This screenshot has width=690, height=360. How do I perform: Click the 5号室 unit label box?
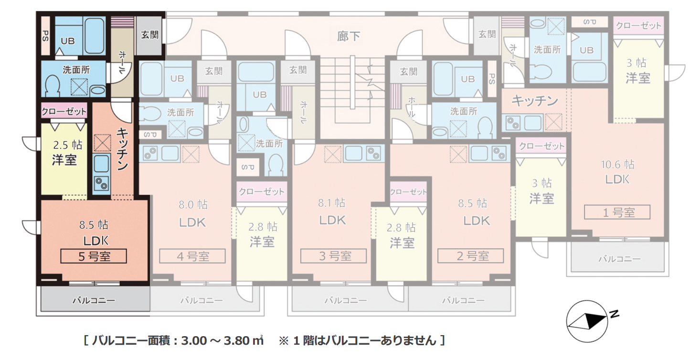point(94,256)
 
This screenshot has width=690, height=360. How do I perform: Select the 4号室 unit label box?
point(192,256)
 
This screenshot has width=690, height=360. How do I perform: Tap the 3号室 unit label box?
point(334,256)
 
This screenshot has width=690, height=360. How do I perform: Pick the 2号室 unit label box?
point(471,256)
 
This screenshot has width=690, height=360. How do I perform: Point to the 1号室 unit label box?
point(617,212)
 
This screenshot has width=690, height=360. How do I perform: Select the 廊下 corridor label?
point(349,36)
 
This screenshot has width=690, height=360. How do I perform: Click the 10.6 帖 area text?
point(617,165)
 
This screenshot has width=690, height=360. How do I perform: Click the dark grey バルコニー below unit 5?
point(94,301)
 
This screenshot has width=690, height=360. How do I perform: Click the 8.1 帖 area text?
point(332,203)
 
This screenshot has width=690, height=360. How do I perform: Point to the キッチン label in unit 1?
point(535,101)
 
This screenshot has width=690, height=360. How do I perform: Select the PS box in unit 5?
point(45,36)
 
